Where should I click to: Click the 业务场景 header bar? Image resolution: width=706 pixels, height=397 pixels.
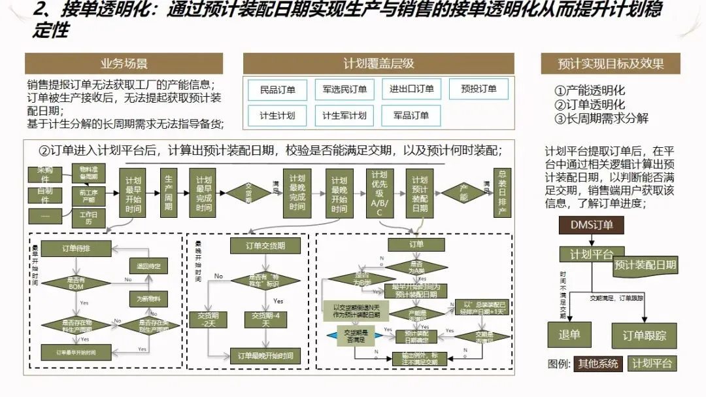(x=124, y=63)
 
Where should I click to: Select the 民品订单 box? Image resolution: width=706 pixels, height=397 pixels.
(x=278, y=89)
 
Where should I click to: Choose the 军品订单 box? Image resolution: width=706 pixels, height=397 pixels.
(x=411, y=116)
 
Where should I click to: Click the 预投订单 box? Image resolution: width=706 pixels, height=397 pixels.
(x=479, y=89)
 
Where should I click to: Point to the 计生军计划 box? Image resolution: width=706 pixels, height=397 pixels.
(x=345, y=116)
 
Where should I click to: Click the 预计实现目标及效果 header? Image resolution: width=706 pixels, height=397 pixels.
(x=611, y=63)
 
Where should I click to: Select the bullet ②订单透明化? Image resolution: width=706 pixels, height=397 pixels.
(x=590, y=105)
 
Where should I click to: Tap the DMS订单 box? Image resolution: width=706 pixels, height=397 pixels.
(x=590, y=225)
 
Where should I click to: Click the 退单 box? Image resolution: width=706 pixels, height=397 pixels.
(x=569, y=334)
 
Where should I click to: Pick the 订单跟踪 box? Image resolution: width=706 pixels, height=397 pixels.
(x=644, y=336)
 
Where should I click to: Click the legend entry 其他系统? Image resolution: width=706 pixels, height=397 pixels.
(x=597, y=364)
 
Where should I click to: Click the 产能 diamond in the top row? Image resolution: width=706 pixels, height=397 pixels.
(x=463, y=193)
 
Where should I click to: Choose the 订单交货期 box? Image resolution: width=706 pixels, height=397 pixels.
(x=265, y=245)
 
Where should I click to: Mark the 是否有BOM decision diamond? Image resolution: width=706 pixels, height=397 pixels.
(x=76, y=283)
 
